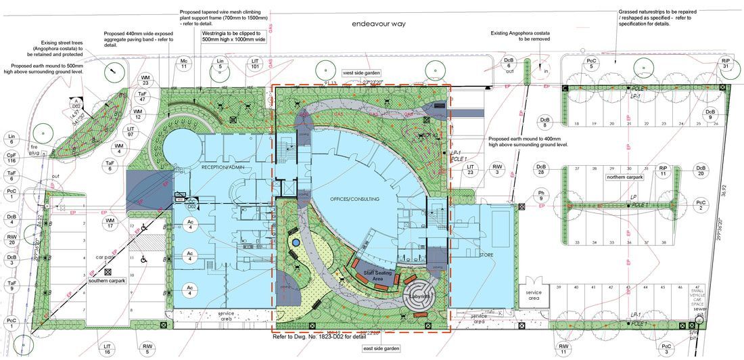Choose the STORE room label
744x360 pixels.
[x=484, y=255]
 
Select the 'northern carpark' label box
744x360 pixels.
[x=624, y=177]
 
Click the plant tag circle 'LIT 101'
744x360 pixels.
[x=255, y=64]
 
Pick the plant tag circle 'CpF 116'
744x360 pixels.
[x=11, y=158]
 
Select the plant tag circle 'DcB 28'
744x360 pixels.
[x=541, y=170]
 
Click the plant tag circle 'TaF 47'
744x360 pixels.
[x=143, y=97]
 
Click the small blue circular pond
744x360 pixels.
[x=296, y=242]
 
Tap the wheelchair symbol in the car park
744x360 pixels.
[x=143, y=258]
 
